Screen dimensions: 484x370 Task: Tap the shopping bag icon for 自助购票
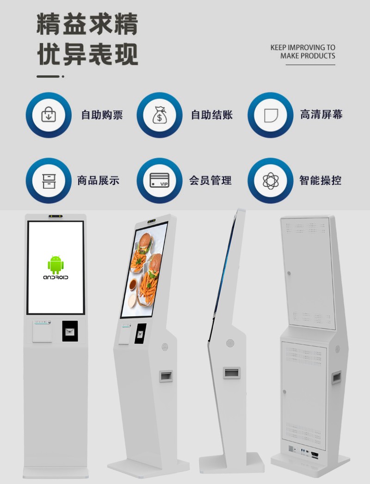49,115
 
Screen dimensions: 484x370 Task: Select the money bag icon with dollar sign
160,115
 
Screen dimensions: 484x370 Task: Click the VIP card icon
160,180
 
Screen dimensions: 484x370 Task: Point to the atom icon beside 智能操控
271,180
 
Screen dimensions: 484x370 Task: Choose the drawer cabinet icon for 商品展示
49,180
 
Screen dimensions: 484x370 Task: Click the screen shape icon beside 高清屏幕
271,115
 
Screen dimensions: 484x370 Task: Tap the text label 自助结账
212,115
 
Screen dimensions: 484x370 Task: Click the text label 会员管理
210,180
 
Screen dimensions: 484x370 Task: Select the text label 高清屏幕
321,115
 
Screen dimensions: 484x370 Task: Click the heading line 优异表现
87,55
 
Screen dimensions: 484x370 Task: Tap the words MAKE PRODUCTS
308,56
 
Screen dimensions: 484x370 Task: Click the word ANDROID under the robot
55,277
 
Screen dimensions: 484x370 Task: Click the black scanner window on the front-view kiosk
70,331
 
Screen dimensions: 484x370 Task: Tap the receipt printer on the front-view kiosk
42,331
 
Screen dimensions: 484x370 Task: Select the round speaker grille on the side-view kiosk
230,343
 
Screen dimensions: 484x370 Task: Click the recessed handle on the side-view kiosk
231,372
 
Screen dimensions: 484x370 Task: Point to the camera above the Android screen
55,216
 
